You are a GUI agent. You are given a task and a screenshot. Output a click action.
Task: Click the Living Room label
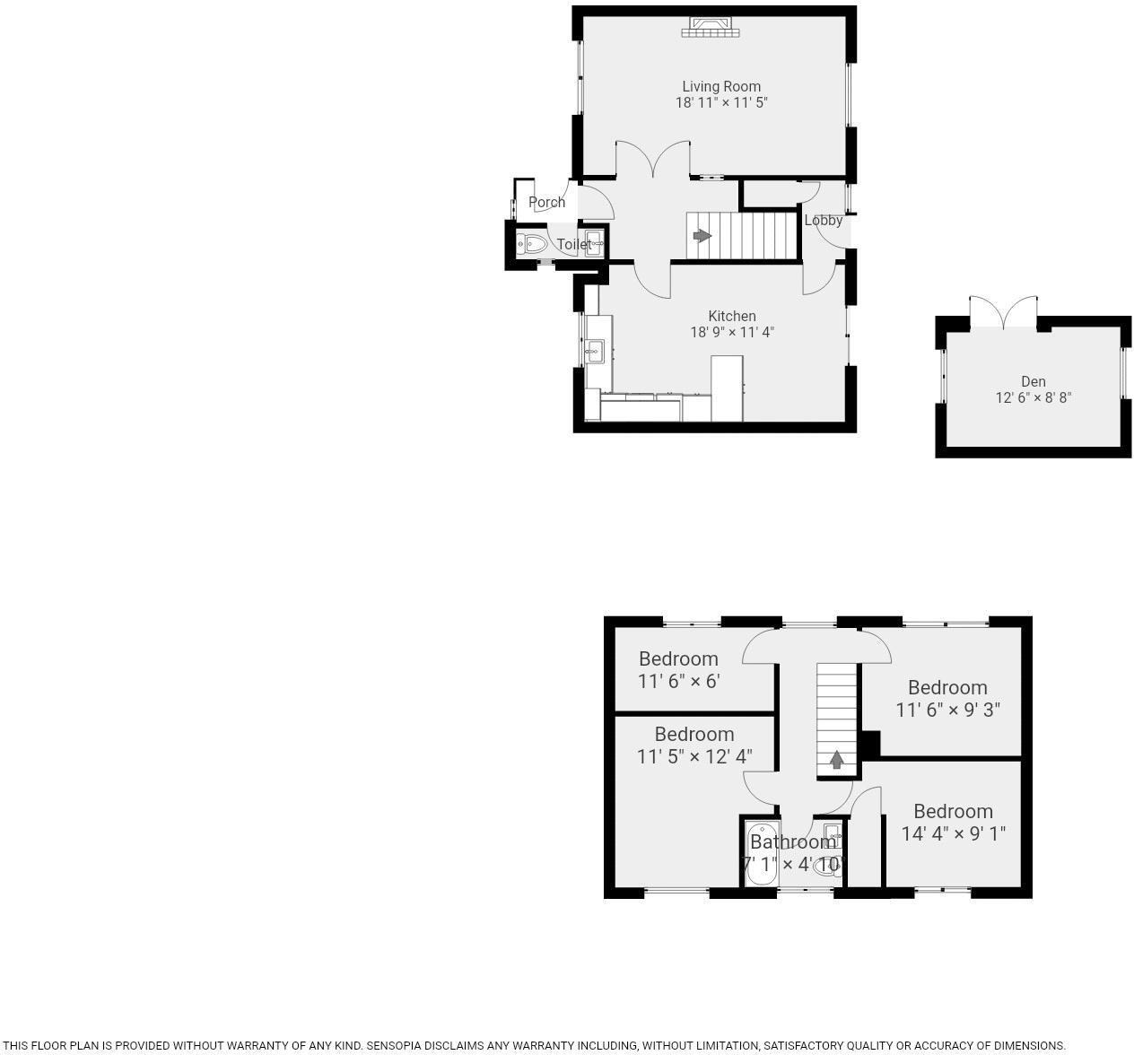[x=721, y=87]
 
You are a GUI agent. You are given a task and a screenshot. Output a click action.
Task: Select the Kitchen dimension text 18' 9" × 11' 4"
[x=731, y=332]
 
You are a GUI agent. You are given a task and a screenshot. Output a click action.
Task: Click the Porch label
[x=546, y=203]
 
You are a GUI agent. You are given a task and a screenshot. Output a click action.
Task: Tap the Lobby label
[x=823, y=221]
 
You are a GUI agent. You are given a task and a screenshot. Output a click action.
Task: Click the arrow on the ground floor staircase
[x=702, y=236]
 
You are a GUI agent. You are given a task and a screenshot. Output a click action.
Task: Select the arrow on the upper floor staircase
[x=836, y=761]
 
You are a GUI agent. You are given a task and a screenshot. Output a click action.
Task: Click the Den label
[x=1033, y=381]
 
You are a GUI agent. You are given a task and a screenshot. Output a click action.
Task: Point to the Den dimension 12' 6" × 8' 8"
[x=1033, y=397]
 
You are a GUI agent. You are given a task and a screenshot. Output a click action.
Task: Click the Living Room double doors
[x=652, y=159]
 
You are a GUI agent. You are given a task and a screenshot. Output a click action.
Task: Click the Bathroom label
[x=792, y=842]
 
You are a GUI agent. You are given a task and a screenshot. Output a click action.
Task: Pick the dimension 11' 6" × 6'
[x=678, y=681]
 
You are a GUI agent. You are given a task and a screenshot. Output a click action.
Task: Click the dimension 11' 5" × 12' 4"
[x=693, y=756]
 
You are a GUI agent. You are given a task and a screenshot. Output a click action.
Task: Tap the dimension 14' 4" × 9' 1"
[x=953, y=833]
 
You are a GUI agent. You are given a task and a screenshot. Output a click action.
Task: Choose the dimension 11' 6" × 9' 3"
[x=947, y=710]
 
